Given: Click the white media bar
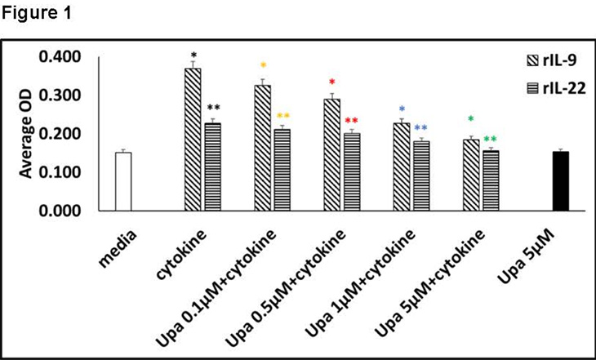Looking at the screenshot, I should (122, 181).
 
